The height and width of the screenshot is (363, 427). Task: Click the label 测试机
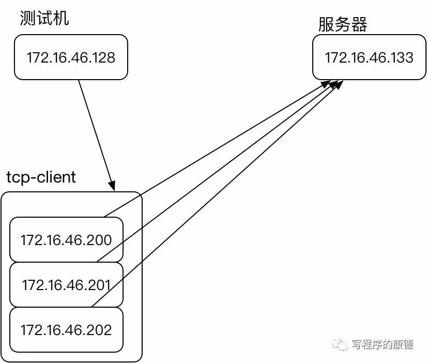coord(44,19)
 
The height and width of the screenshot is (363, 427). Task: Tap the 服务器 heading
coord(342,24)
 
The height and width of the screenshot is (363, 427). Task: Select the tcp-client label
coord(41,177)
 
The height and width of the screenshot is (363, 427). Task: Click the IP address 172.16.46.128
coord(71,57)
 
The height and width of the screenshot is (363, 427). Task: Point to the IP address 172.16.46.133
coord(369,57)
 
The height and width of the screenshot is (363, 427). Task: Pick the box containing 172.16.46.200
coord(66,239)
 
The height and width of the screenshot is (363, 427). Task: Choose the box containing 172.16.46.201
coord(66,284)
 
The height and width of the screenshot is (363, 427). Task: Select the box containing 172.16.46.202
coord(66,329)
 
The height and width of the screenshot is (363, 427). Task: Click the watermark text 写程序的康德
coord(382,344)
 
